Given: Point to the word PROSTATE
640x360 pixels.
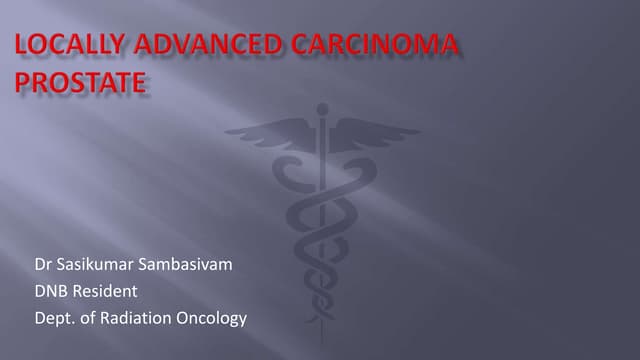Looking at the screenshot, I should click(81, 82).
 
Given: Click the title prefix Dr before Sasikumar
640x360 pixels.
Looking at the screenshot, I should click(42, 265).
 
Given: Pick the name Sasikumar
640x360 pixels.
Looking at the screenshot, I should click(97, 265).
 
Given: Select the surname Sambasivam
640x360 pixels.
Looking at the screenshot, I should click(196, 265).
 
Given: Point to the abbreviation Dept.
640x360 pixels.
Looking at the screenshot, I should click(52, 318).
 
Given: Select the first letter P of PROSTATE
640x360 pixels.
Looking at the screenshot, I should click(24, 82).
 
